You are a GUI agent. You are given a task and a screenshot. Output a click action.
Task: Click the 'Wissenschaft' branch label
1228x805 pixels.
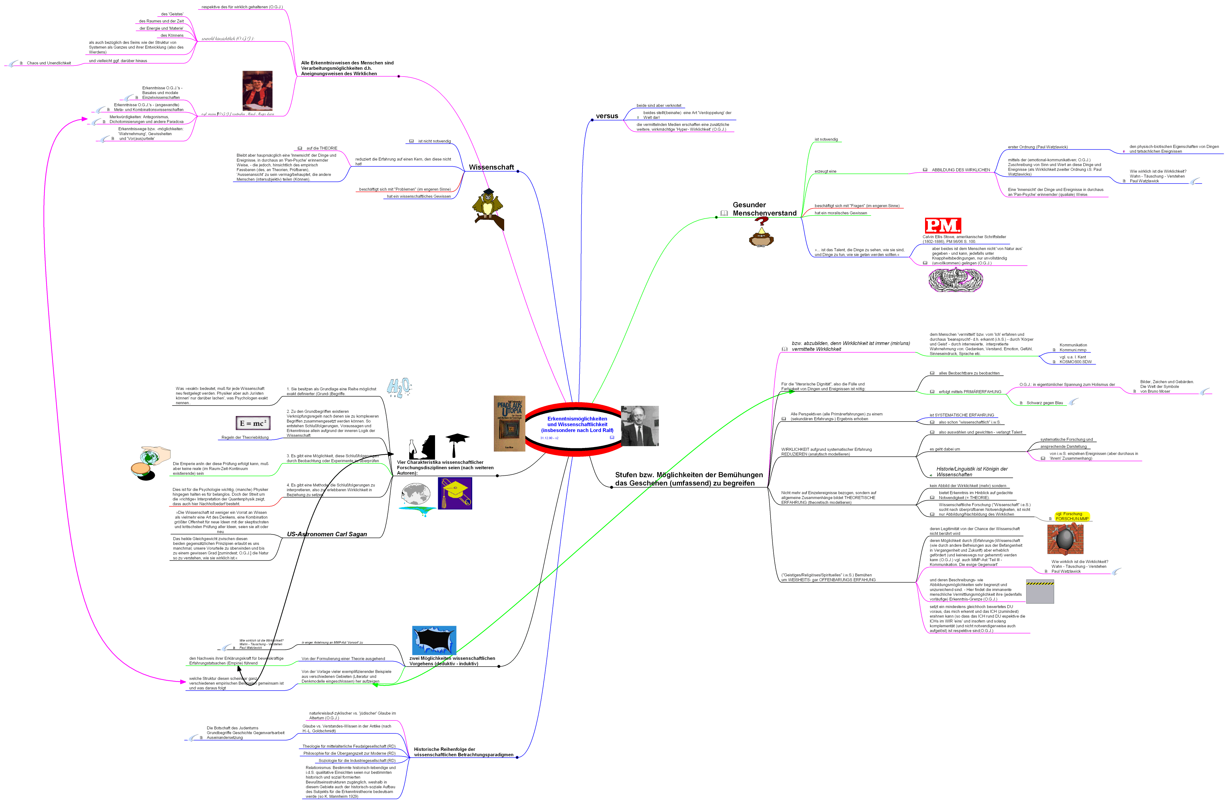tap(491, 167)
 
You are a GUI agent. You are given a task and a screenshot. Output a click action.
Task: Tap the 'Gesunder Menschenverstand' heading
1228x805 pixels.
tap(764, 209)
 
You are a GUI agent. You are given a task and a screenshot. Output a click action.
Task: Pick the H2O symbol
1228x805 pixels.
tap(399, 387)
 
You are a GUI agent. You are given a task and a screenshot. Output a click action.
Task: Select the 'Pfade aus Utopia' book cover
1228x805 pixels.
tap(509, 423)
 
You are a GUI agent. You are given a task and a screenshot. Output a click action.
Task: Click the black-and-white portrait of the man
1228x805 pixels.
tap(640, 426)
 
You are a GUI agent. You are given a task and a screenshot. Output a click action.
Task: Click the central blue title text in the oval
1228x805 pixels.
tap(577, 424)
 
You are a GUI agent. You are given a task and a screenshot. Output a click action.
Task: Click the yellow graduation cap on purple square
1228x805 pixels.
tap(455, 493)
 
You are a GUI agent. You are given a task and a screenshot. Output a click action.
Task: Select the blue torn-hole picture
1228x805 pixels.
tap(434, 640)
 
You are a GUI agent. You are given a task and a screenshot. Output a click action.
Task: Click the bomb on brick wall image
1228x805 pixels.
tap(1065, 540)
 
